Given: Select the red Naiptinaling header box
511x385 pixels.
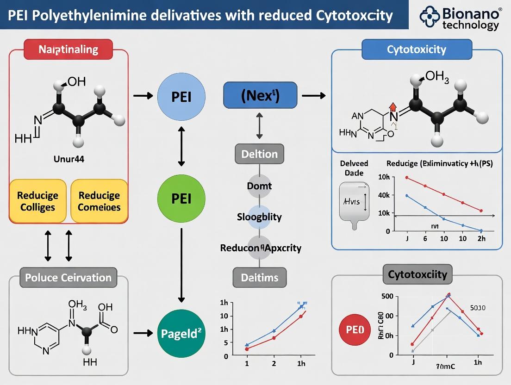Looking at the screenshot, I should [68, 49].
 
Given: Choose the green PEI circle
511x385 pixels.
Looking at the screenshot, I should [181, 198].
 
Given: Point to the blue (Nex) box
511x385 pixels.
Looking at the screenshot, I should [260, 96].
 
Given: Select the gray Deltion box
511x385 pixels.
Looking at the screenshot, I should [259, 154].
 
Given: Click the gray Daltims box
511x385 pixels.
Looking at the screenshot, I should [259, 277].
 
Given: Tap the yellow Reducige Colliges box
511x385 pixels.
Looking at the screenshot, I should [38, 201].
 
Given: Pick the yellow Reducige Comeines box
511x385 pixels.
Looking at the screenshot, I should [99, 201].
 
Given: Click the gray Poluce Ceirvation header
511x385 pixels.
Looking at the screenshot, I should [69, 278].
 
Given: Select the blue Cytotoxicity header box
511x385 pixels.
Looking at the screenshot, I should [417, 49].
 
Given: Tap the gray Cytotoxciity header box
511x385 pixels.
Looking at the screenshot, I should [417, 274].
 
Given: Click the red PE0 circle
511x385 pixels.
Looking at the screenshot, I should [356, 329].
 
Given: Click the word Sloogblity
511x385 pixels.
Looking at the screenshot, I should [259, 217].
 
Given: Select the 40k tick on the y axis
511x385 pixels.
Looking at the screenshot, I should [384, 195].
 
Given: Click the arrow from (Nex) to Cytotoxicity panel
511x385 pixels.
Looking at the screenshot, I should [313, 96].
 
